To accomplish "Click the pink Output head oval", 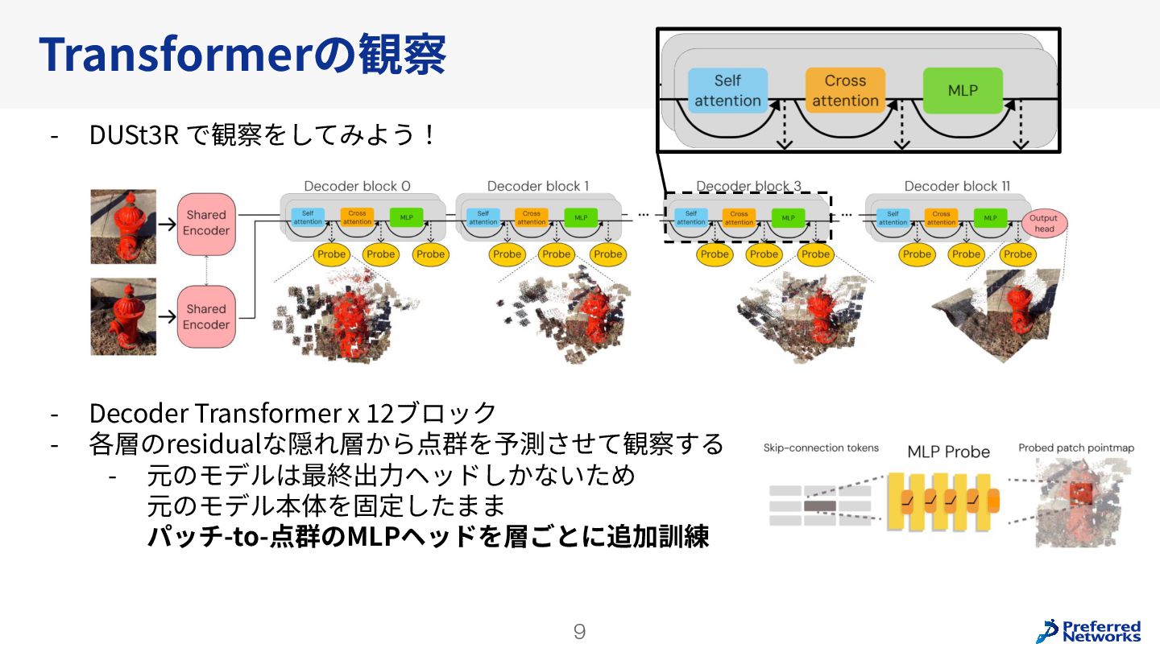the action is pos(1044,224).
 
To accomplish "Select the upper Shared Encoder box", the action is pos(206,223).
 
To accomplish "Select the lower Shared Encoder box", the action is pos(206,317).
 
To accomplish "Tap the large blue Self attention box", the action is pos(727,90).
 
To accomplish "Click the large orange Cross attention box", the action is pos(845,90).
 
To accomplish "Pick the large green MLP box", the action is pos(963,90).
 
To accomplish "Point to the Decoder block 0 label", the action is pos(357,186).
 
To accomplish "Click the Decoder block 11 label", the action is pos(957,186).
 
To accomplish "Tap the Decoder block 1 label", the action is pos(538,186).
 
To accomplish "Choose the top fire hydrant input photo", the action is pos(123,226).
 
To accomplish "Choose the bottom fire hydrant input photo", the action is pos(123,316).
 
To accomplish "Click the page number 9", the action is pos(579,632).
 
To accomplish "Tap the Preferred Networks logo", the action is pos(1089,630).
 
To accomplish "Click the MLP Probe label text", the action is pos(948,452).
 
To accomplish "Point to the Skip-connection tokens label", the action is pos(821,448).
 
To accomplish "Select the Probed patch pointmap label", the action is pos(1075,448).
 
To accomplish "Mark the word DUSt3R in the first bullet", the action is pos(133,135).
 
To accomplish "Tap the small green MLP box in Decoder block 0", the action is pos(406,217).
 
